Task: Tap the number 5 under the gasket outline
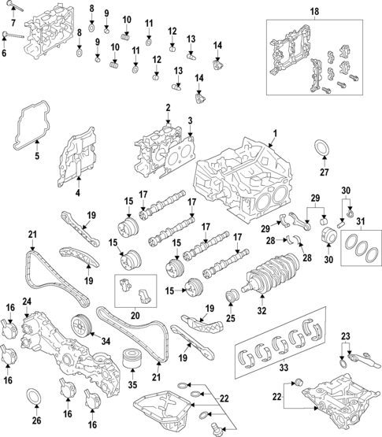[35, 157]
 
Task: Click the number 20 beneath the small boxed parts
[135, 314]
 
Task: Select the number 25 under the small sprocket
[231, 320]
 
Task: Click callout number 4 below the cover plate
[77, 193]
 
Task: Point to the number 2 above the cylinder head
[168, 107]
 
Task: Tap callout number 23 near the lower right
[343, 337]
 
